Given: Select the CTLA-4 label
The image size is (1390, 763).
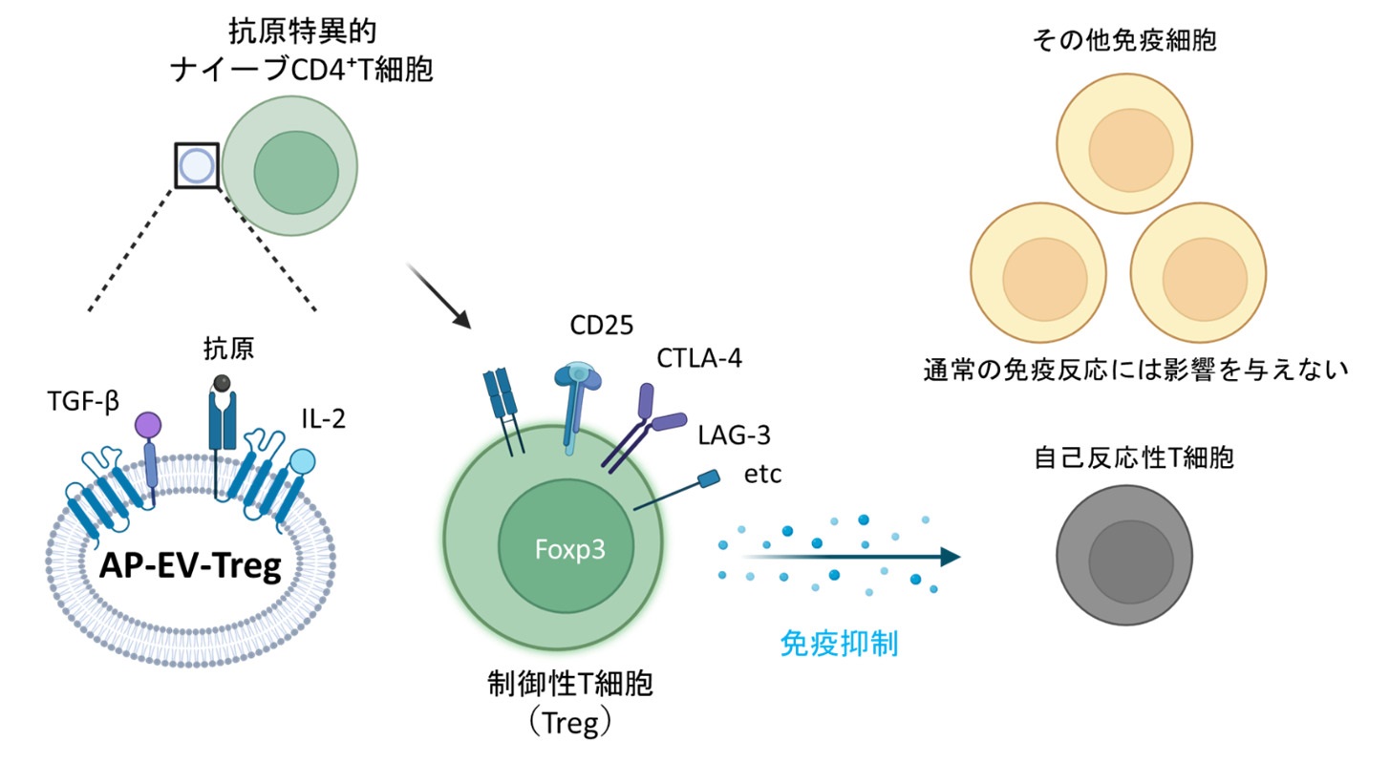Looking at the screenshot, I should pos(698,359).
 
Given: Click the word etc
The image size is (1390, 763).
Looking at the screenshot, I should pos(762,475).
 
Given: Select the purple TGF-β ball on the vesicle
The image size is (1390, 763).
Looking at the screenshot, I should pos(148,424).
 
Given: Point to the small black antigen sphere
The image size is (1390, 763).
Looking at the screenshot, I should pos(222,382).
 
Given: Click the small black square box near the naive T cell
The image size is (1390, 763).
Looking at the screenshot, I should pos(197,165).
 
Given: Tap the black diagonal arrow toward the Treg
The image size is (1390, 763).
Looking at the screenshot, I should pos(441,294).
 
